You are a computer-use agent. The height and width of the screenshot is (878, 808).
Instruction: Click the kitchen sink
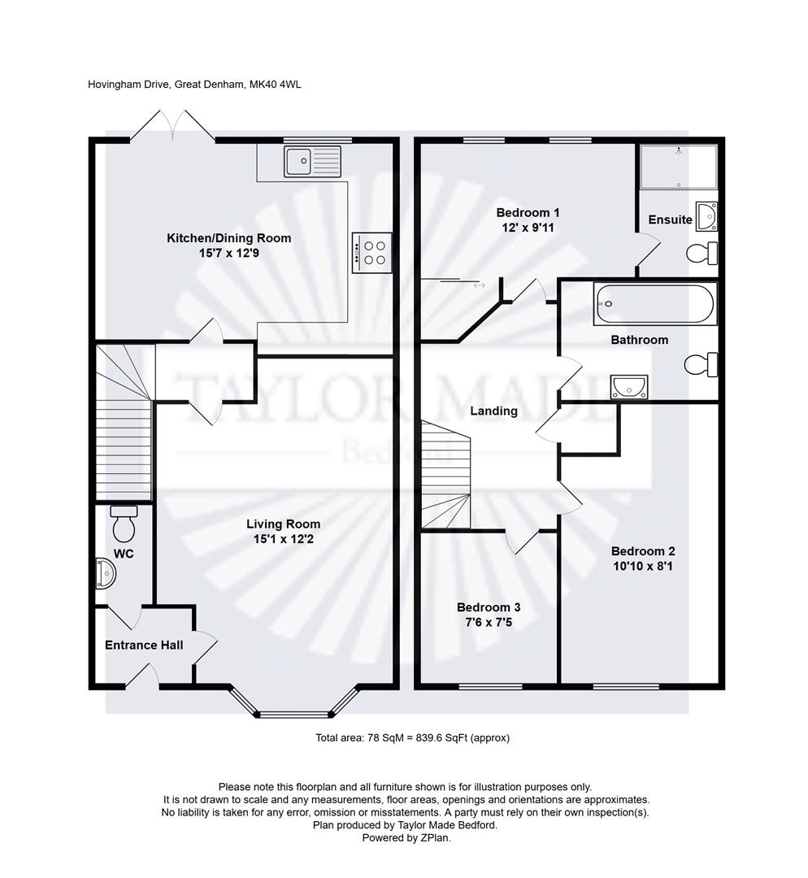[313, 161]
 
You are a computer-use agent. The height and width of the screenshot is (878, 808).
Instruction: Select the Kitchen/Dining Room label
[228, 238]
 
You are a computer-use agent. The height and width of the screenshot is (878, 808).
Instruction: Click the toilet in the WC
[124, 524]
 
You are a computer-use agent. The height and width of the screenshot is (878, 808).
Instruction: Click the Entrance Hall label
[144, 645]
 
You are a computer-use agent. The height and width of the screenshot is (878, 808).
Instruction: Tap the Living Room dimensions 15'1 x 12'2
[283, 539]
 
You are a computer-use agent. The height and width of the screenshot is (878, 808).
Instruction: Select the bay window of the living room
[293, 704]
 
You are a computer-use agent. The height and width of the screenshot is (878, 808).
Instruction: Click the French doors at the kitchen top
[172, 126]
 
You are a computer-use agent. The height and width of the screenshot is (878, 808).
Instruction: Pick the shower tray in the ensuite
[678, 166]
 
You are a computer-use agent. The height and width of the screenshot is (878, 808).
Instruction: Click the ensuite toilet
[701, 254]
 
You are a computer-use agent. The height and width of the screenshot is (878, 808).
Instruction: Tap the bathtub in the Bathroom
[654, 303]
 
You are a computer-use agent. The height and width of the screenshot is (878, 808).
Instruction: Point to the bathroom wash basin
[628, 387]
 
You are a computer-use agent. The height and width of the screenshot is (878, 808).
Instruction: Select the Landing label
[493, 411]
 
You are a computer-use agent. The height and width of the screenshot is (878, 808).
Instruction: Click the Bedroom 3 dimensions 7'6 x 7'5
[488, 622]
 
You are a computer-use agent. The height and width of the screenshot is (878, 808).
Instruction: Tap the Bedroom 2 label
[642, 550]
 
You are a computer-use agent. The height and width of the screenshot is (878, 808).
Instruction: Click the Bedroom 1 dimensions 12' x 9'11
[528, 228]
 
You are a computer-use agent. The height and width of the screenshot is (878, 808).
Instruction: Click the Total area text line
[412, 737]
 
